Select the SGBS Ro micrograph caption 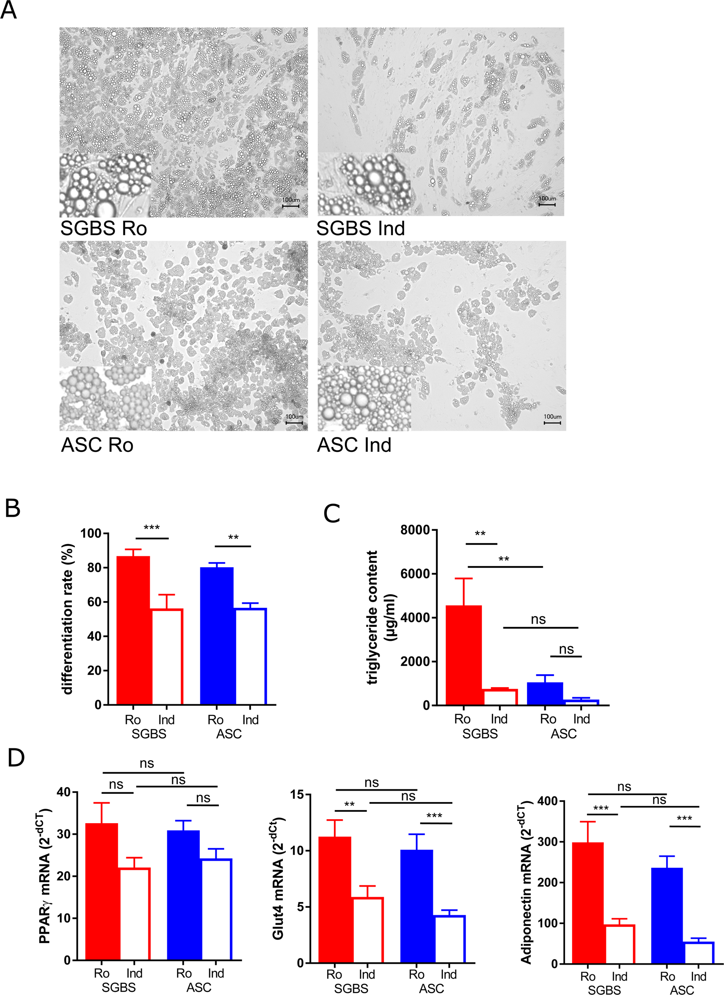pos(103,229)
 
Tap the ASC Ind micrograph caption pos(354,445)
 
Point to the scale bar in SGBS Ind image pos(547,204)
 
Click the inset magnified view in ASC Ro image pos(106,398)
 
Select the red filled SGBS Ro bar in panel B pos(133,630)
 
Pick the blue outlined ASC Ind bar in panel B pos(251,656)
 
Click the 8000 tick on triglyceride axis pos(415,530)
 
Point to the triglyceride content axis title pos(380,617)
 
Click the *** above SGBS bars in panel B pos(151,528)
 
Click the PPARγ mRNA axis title pos(46,876)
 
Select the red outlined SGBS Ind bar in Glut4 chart pos(367,930)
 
